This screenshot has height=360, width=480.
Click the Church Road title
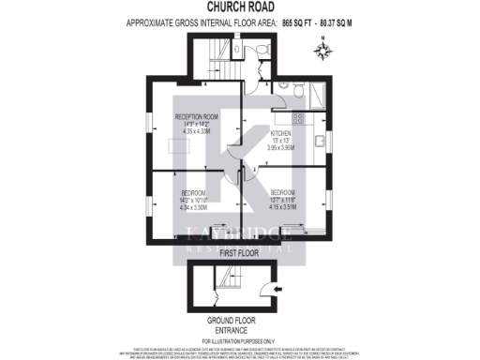tap(239, 7)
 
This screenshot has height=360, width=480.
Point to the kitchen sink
tap(319, 142)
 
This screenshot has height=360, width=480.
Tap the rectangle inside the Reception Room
tap(175, 145)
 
